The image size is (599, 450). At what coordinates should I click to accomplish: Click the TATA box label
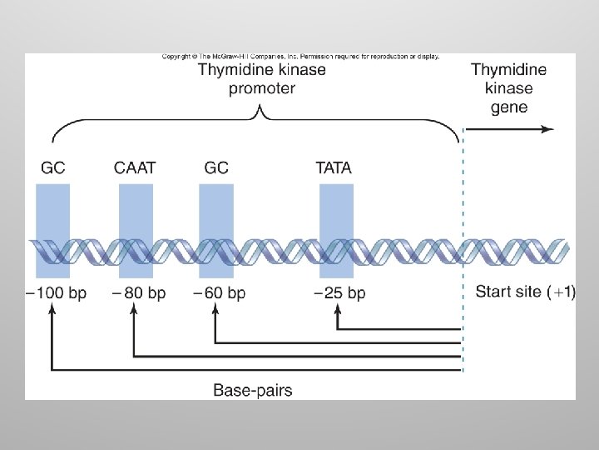coord(334,167)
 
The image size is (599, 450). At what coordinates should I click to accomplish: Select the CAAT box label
coord(136,167)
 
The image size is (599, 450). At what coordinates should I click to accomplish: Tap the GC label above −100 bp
coord(52,167)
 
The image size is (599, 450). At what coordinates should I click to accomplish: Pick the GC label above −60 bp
coord(215,167)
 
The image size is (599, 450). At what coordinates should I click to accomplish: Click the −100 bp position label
coord(56,293)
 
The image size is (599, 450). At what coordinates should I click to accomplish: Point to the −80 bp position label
coord(139,293)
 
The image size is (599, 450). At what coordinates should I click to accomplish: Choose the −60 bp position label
coord(219,293)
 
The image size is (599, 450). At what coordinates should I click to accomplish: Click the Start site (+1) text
coord(525,292)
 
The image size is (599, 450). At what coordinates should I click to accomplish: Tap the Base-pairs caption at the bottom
coord(253,389)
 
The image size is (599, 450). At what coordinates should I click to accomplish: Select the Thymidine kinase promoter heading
coord(261,78)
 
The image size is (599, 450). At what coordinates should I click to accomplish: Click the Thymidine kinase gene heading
coord(509,88)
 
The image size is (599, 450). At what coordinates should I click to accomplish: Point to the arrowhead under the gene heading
coord(548,128)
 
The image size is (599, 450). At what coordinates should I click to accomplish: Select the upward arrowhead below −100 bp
coord(52,310)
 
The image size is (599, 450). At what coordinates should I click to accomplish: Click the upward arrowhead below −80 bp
coord(133,310)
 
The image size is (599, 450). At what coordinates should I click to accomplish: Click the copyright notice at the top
coord(300,57)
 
